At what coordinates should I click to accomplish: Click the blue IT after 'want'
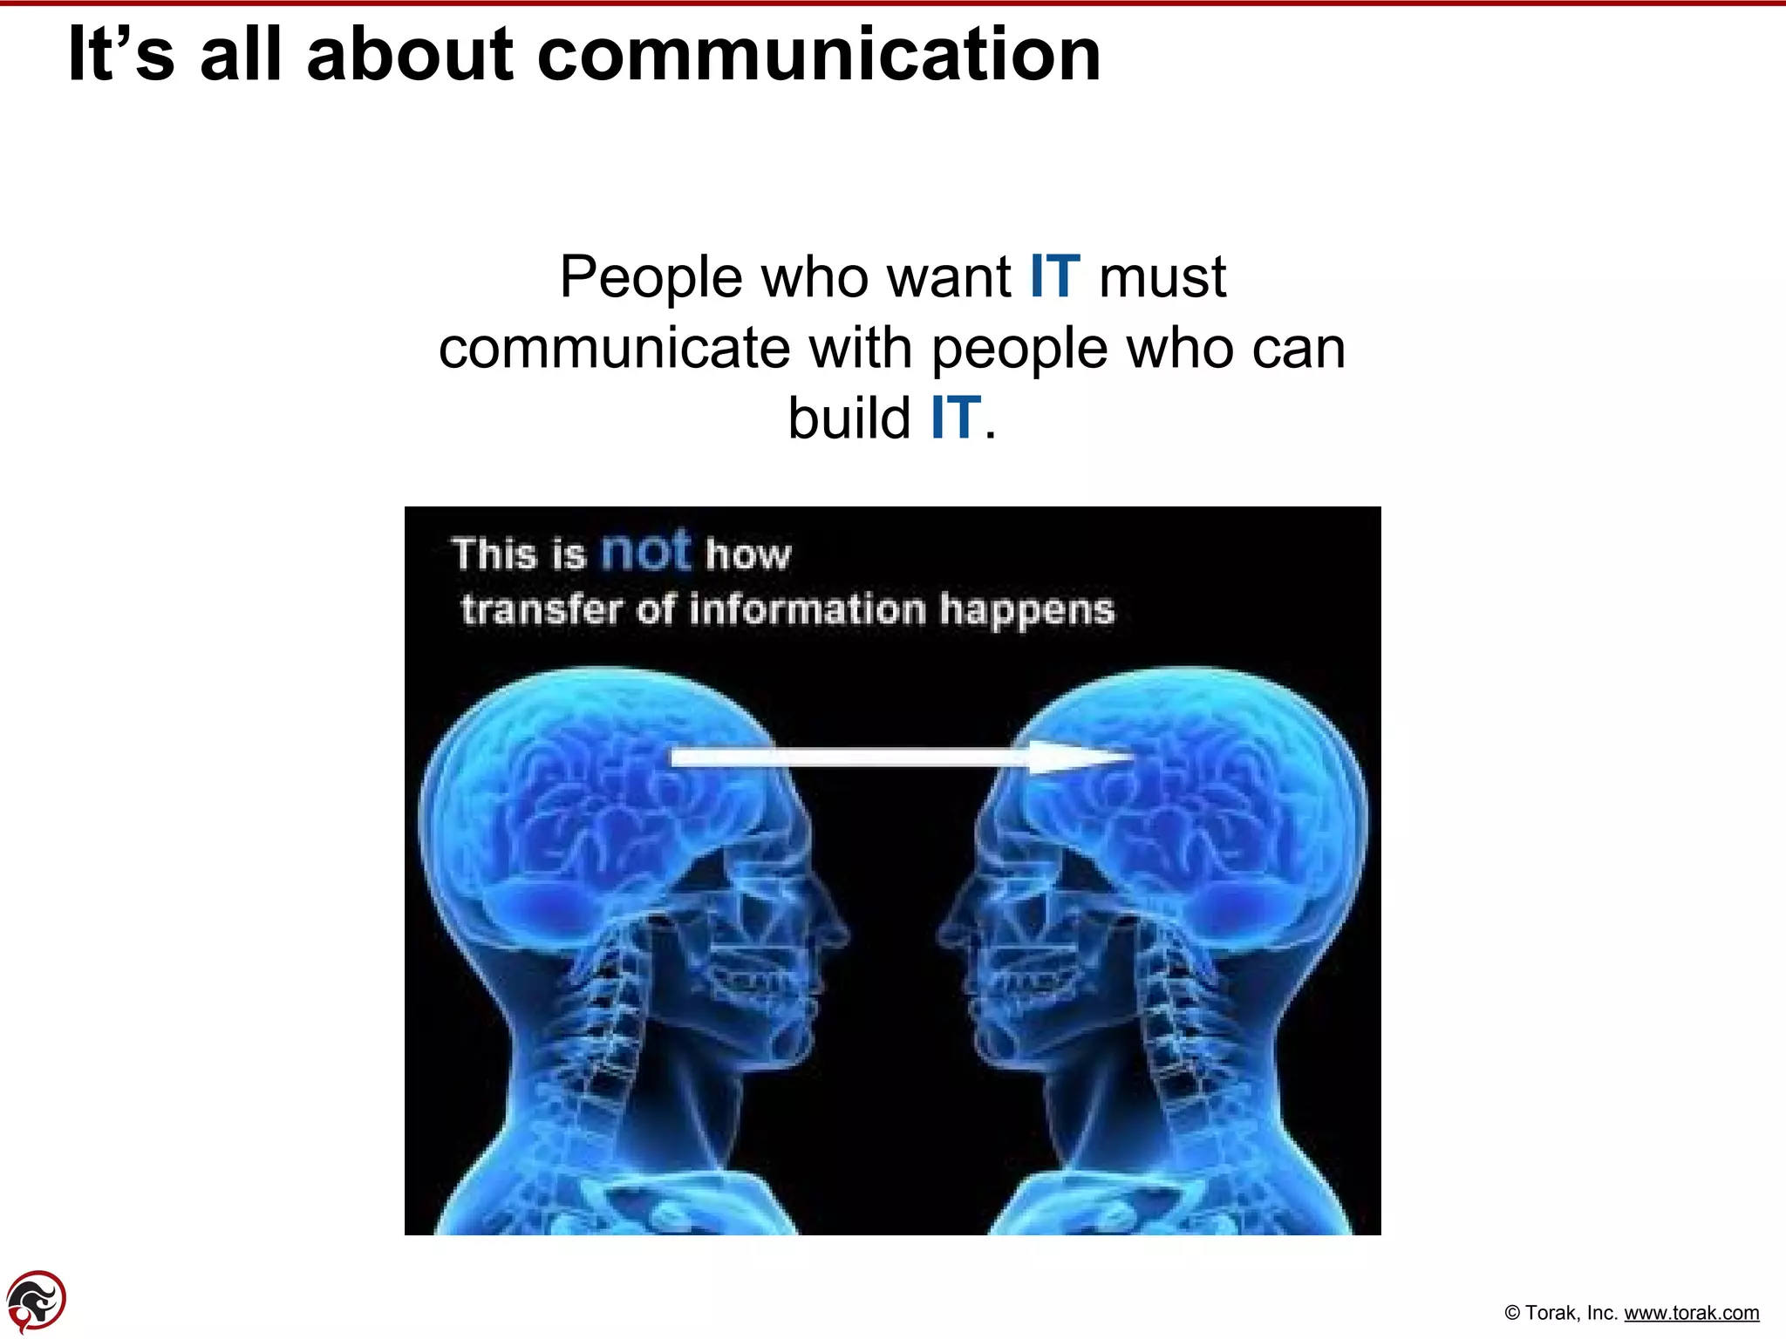1054,277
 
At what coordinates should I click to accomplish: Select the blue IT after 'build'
955,418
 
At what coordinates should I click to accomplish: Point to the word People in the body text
651,277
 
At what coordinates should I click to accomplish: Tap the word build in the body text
849,418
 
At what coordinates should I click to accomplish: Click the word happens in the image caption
1026,610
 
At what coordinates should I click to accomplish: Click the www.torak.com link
1691,1313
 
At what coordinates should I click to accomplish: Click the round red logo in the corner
36,1302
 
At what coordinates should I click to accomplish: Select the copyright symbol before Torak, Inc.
1513,1314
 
